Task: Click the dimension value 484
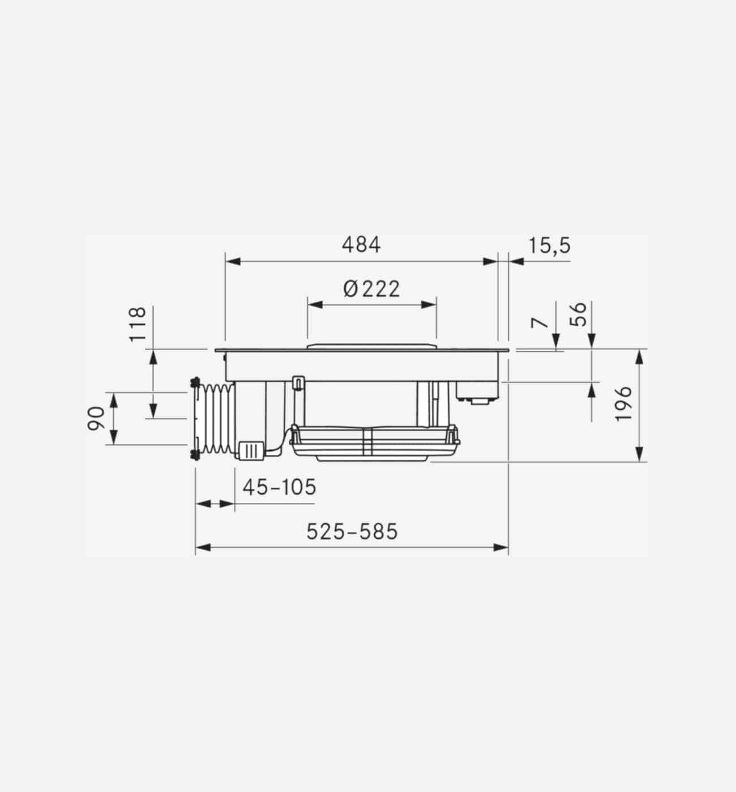click(x=361, y=245)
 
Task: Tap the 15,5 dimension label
click(x=550, y=246)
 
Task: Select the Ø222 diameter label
click(x=371, y=289)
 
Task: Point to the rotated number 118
click(x=138, y=324)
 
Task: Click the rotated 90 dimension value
click(x=96, y=419)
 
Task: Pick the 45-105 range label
click(x=279, y=487)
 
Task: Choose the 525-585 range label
click(x=352, y=532)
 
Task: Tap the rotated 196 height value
click(x=623, y=404)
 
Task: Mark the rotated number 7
click(x=540, y=322)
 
